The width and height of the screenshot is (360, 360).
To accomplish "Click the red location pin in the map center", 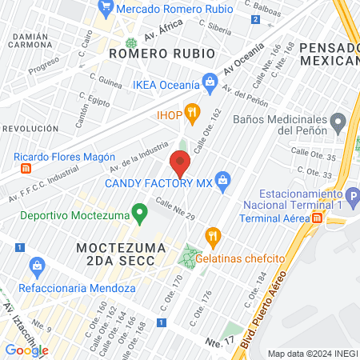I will point(180,164).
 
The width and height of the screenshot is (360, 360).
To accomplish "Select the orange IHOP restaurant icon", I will point(191,112).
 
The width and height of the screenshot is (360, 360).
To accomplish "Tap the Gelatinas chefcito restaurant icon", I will point(212,236).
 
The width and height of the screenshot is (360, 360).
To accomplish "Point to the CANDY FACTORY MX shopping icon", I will point(223,182).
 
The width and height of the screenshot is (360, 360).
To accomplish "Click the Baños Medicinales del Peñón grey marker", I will point(338,122).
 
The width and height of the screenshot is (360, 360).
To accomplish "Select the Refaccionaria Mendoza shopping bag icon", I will point(35,265).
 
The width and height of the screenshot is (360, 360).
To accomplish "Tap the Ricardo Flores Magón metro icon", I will point(26,169).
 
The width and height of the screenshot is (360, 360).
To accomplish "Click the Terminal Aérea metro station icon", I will point(317,218).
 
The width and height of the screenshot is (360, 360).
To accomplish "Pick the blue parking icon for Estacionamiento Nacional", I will point(352,194).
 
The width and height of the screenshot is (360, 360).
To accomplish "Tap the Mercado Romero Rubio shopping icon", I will point(106,8).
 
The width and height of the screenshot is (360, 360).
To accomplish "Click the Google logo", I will point(26,350).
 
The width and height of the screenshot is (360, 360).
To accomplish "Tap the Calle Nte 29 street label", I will point(174,211).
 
